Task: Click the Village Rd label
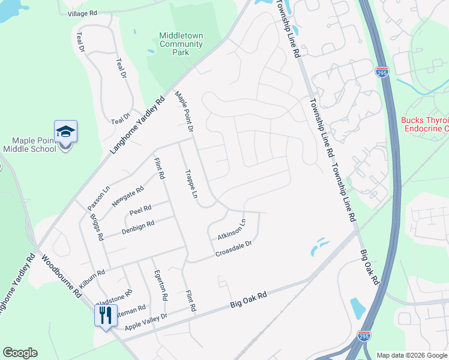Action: tap(82, 13)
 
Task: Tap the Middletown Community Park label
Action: tap(181, 44)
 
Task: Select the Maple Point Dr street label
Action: tap(184, 112)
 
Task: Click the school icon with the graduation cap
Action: tap(65, 132)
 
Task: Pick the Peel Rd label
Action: tap(140, 209)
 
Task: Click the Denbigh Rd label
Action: tap(138, 223)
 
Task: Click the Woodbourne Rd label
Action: tap(60, 277)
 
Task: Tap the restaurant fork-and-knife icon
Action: tap(106, 314)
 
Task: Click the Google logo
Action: tap(20, 353)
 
